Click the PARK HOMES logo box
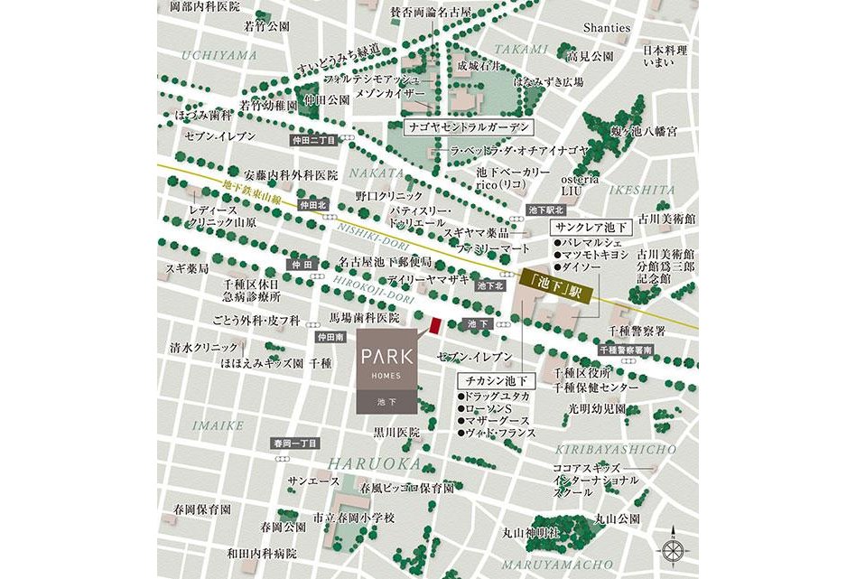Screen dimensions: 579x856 (x=388, y=371)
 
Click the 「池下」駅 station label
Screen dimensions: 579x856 (x=554, y=292)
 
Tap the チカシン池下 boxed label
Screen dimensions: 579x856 (x=496, y=379)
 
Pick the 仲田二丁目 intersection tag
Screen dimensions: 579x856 (x=312, y=141)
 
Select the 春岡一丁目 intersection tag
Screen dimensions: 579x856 (x=295, y=443)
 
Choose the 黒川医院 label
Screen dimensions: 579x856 (x=396, y=433)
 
